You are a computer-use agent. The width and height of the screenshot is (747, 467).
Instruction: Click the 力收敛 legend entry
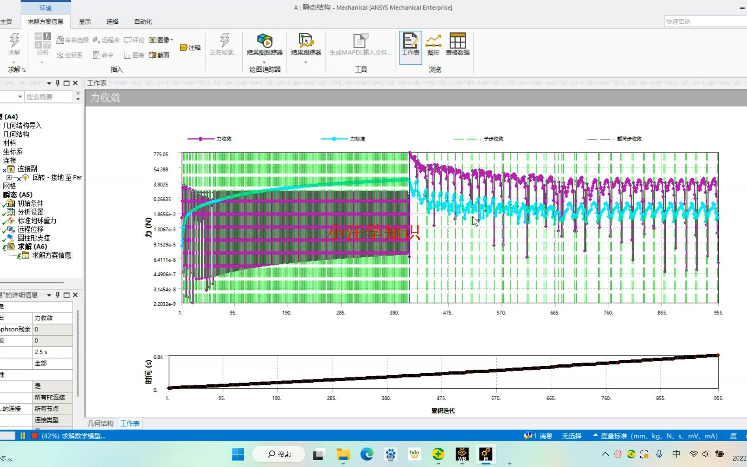(x=223, y=139)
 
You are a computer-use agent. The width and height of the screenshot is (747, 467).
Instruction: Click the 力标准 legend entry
(x=357, y=139)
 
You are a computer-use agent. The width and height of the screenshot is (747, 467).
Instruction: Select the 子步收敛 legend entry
(x=493, y=139)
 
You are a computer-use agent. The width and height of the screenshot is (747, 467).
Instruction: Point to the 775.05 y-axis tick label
(x=161, y=154)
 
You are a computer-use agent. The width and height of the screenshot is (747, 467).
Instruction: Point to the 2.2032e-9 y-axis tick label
(x=164, y=304)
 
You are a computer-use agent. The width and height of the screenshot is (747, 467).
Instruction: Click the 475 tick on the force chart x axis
(x=447, y=313)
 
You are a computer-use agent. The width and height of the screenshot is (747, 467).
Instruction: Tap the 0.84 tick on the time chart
(x=158, y=357)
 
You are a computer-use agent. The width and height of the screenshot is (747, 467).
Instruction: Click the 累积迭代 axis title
(x=443, y=411)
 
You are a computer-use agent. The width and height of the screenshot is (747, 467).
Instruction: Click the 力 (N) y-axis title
(x=148, y=227)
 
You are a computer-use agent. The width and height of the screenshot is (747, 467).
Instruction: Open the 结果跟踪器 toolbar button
(x=306, y=46)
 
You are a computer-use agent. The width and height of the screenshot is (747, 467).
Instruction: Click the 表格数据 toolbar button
(x=457, y=45)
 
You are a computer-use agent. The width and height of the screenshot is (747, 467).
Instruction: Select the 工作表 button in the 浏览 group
(x=410, y=45)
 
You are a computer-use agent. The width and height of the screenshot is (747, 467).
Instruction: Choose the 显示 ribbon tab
(x=85, y=22)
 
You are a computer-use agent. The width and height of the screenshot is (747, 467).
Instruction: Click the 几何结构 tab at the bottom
(x=100, y=424)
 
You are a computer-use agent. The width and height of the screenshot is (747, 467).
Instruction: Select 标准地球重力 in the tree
(x=37, y=221)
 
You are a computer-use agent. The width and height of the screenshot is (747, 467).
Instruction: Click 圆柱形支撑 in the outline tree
(x=33, y=238)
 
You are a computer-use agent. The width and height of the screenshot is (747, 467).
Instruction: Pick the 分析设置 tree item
(x=30, y=212)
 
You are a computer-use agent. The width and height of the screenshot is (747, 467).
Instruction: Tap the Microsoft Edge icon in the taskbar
(x=367, y=454)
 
